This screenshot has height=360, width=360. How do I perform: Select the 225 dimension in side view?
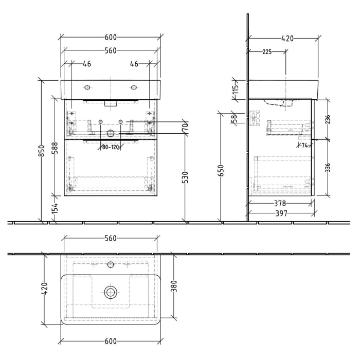pos(267,52)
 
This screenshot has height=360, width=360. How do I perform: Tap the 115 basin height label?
pos(237,91)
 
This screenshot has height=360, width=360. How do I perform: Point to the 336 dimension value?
pos(328,168)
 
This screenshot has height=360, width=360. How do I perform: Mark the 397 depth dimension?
pos(280,213)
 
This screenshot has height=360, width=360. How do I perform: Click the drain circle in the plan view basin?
pos(110,292)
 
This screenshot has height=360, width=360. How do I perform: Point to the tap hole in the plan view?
pos(110,265)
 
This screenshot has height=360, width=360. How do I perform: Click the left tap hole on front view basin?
pos(87,86)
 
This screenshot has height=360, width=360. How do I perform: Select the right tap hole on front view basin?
pos(134,86)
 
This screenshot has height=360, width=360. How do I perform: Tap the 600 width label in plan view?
pos(110,341)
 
